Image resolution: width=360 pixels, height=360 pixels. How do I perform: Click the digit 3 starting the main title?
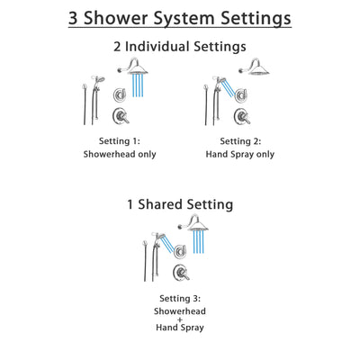click(x=76, y=17)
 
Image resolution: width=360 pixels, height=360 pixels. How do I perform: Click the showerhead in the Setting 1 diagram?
click(x=138, y=68)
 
